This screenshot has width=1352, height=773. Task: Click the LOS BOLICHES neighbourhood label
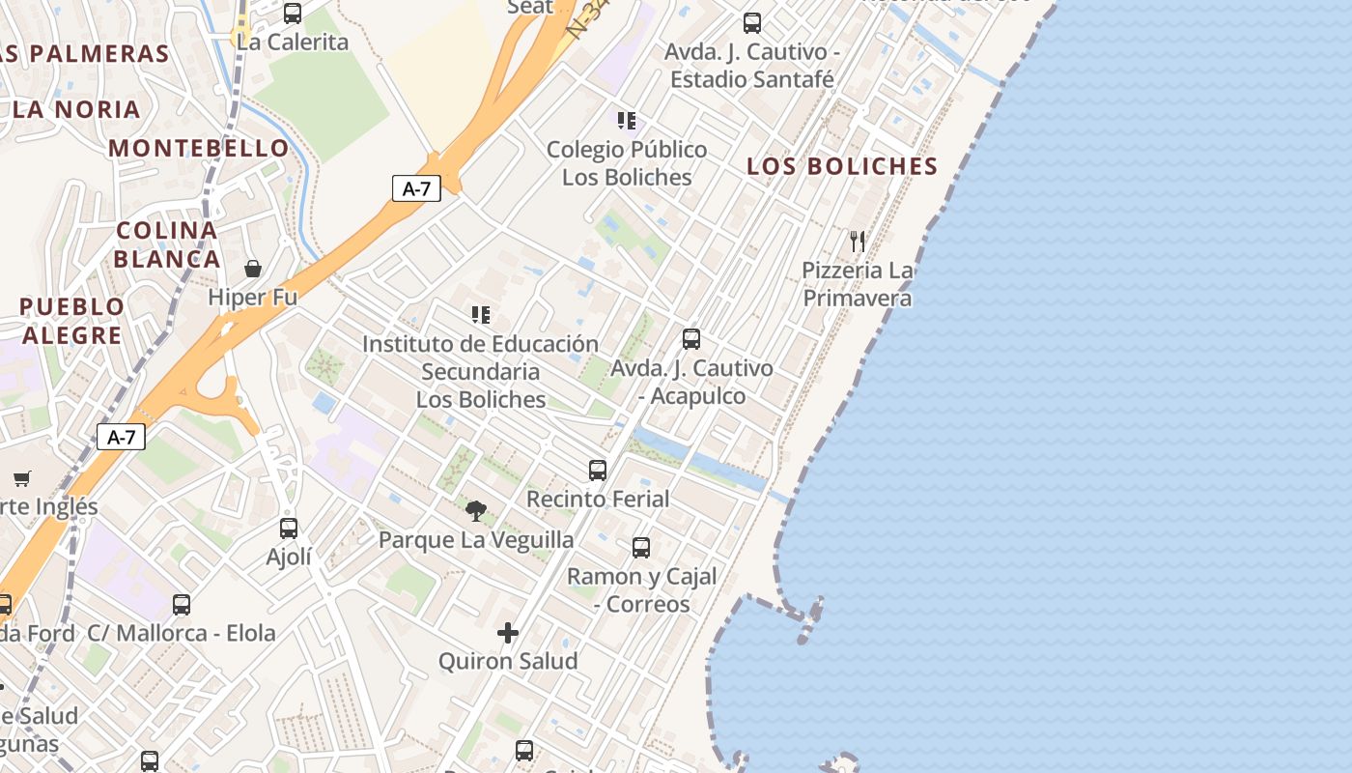click(842, 166)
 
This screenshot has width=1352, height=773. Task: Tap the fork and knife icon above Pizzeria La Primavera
click(858, 241)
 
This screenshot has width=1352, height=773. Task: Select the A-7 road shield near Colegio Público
click(416, 188)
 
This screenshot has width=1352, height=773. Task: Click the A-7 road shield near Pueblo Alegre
click(121, 437)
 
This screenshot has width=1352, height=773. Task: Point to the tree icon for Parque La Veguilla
click(475, 511)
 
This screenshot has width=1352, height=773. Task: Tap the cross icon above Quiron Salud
click(508, 633)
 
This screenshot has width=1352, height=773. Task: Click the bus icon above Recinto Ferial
click(598, 471)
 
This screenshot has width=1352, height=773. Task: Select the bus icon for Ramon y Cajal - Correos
click(641, 548)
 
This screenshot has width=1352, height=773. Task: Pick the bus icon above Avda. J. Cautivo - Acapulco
click(691, 339)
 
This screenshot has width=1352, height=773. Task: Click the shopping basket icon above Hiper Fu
click(253, 269)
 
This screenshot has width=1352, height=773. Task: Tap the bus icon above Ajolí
click(289, 529)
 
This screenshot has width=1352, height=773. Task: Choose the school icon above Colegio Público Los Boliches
click(627, 121)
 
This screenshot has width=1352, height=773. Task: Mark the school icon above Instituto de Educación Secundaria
click(480, 315)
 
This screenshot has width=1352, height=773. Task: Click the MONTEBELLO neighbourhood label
click(199, 148)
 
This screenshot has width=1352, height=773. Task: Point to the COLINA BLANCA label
click(167, 244)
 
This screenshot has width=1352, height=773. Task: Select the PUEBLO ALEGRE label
click(72, 321)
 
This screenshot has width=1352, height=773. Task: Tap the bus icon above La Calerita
click(293, 14)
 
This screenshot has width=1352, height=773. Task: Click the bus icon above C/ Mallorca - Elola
click(182, 605)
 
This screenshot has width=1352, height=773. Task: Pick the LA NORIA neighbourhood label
click(77, 109)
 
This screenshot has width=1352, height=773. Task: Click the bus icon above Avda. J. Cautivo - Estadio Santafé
click(752, 23)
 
